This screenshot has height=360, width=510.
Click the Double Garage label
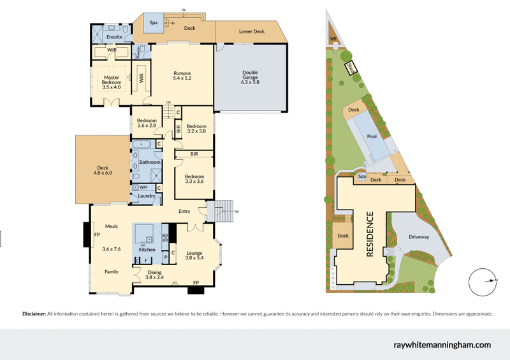[x=250, y=77]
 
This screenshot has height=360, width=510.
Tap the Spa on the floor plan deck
[x=153, y=22]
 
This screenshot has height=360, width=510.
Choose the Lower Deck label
[x=251, y=31]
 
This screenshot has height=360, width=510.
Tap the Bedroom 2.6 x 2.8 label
[x=147, y=122]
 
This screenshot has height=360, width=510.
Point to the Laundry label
[x=146, y=196]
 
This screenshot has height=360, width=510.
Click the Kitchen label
[x=147, y=250]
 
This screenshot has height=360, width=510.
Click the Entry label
[x=185, y=212]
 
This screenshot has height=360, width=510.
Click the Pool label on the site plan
[x=371, y=136]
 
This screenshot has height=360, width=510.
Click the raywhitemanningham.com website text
[x=442, y=345]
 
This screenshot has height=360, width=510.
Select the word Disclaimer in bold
[x=34, y=314]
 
